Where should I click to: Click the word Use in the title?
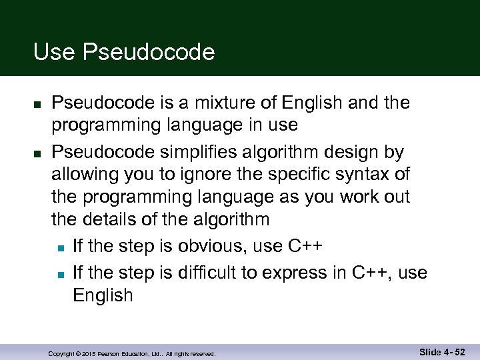[55, 52]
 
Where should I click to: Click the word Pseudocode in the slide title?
[149, 52]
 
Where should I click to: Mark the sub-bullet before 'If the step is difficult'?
[60, 273]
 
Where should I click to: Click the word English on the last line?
[103, 295]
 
